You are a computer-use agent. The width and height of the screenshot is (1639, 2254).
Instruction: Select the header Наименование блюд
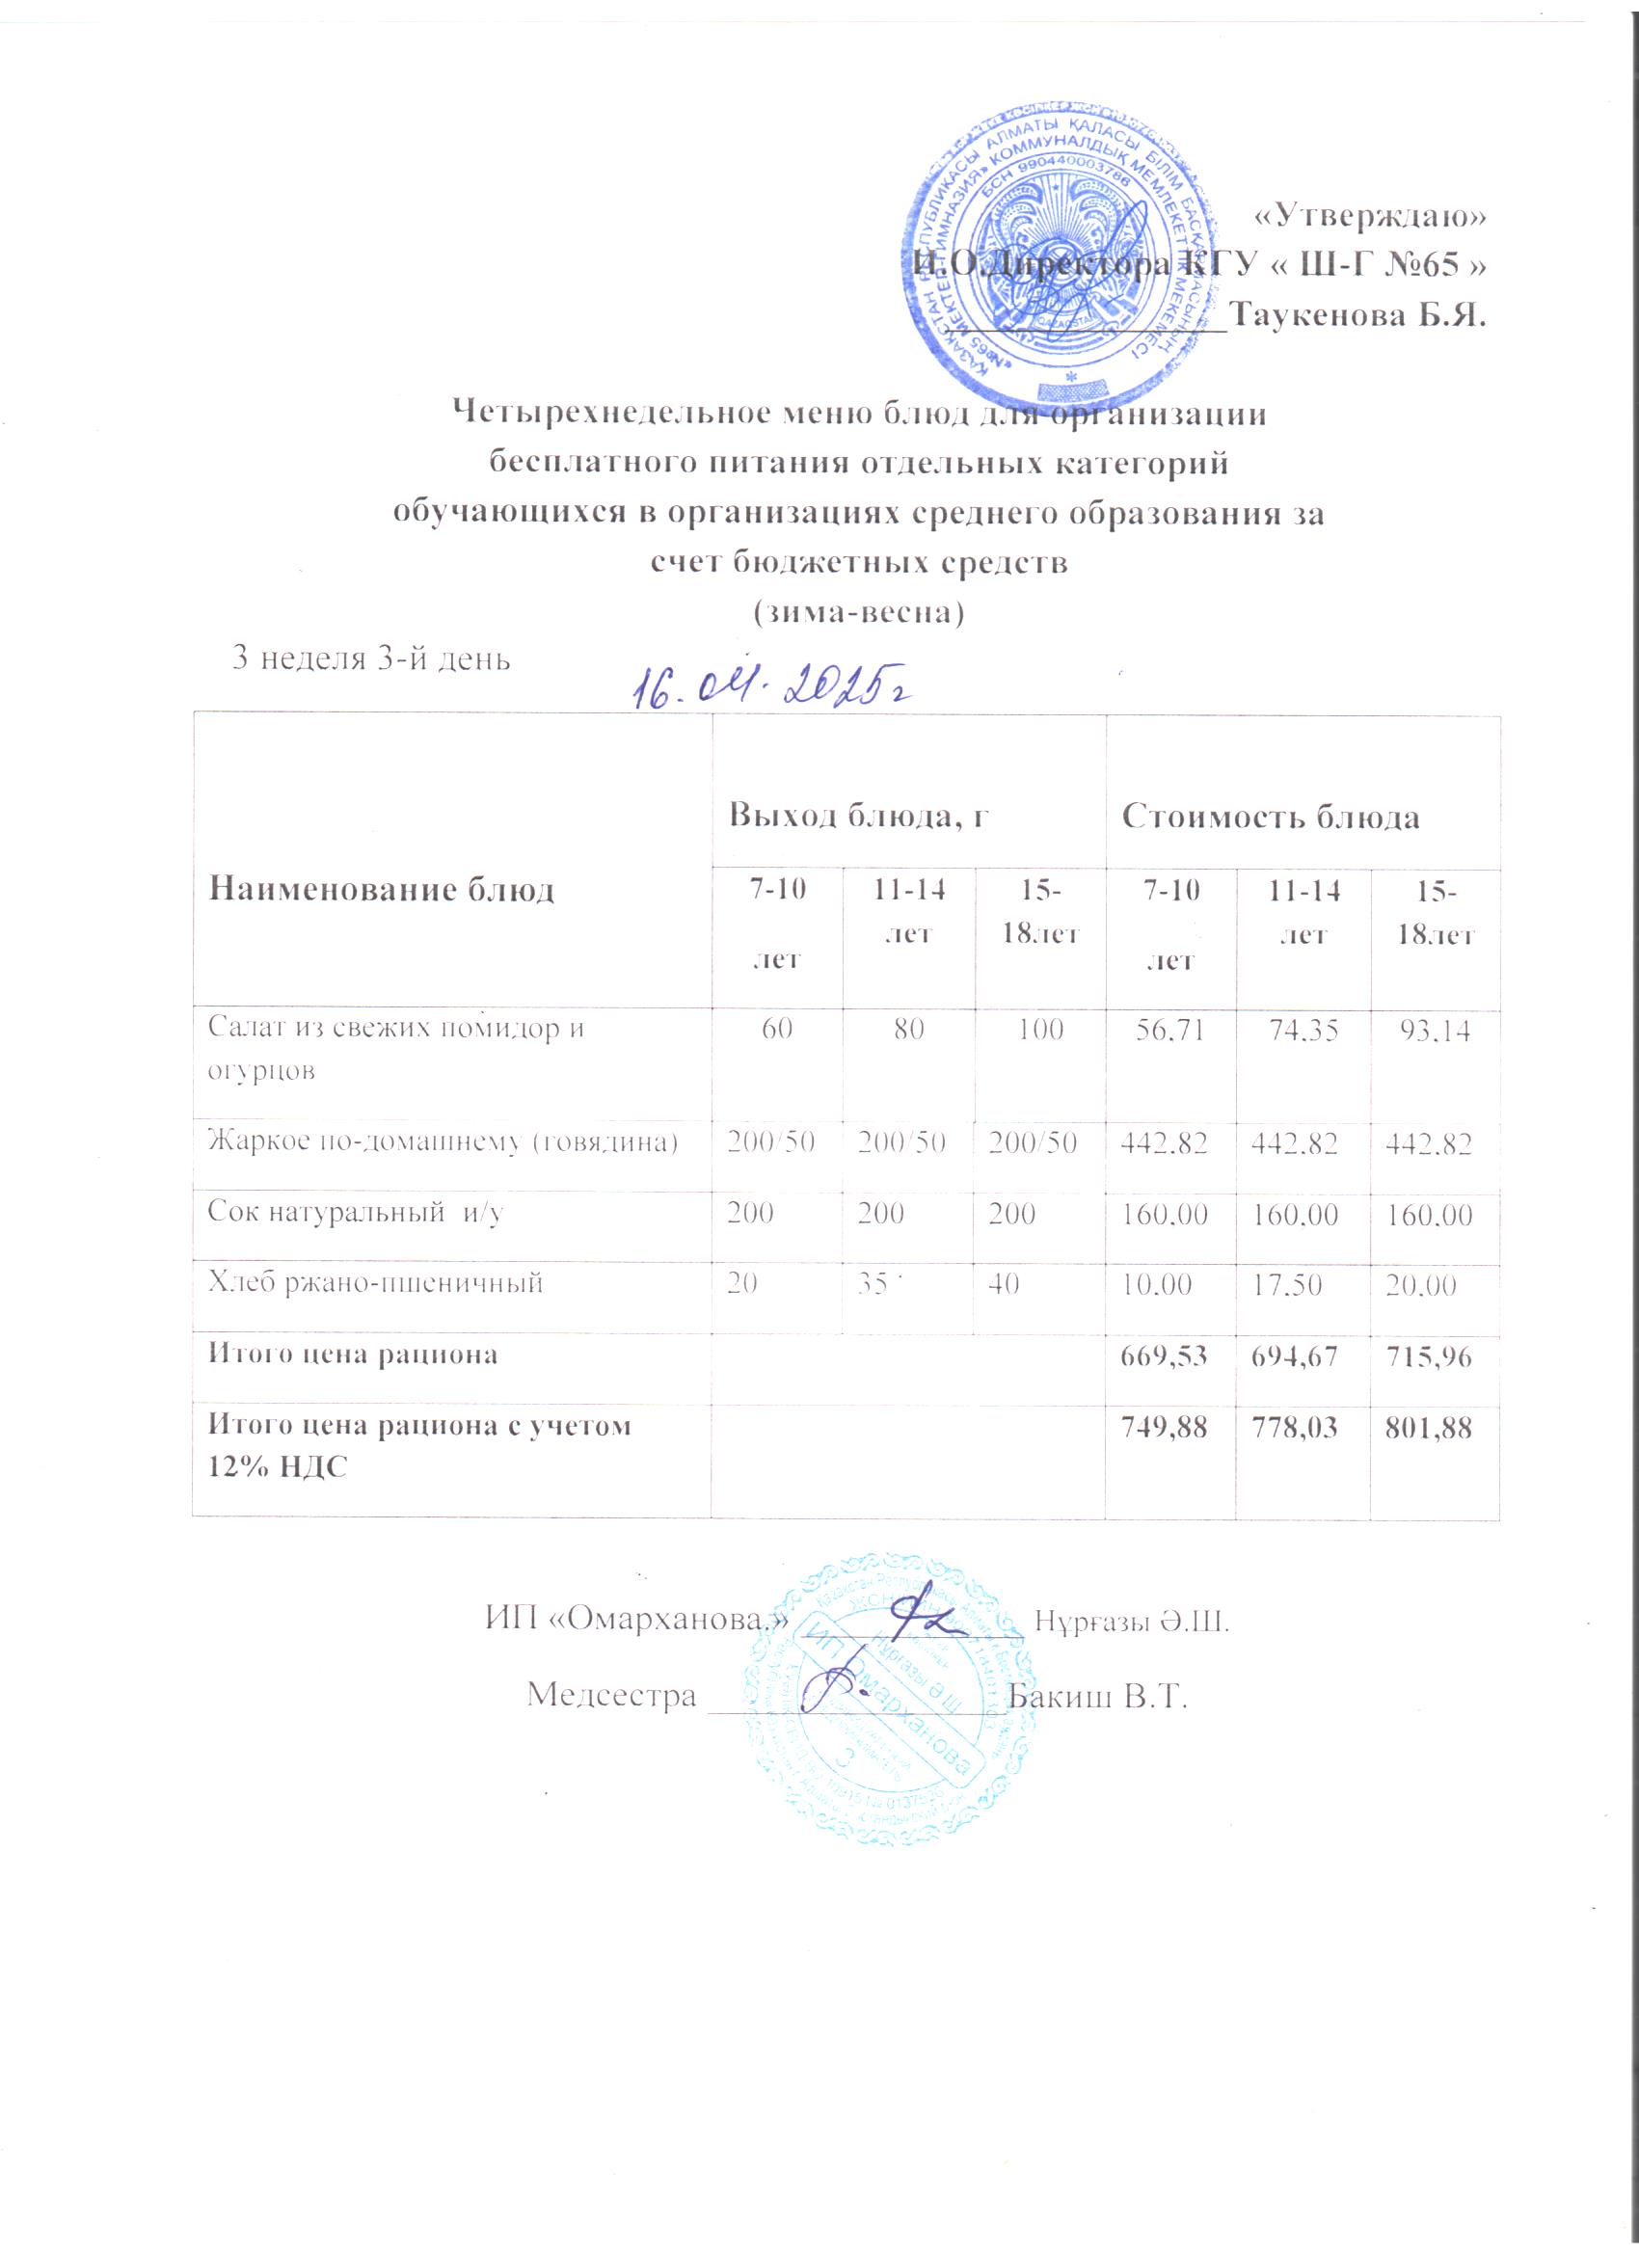(x=381, y=890)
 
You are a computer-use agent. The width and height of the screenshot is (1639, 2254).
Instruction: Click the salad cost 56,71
(x=1169, y=1029)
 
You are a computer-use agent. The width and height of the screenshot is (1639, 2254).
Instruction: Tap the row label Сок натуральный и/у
(x=355, y=1214)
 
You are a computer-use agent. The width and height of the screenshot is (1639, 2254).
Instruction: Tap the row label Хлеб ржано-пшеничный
(x=375, y=1282)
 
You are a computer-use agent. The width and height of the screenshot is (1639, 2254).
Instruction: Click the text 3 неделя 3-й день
(x=370, y=657)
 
